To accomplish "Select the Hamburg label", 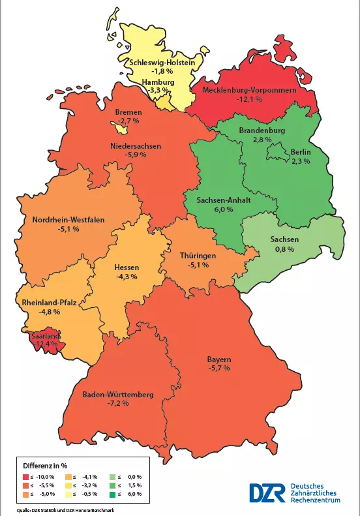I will [158, 83].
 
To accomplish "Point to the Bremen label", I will [128, 112].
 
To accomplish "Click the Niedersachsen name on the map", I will [135, 146].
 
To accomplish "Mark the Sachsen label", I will [284, 239].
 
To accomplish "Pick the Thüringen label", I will [198, 256].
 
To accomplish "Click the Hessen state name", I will [127, 267].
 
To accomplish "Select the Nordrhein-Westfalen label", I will [68, 220].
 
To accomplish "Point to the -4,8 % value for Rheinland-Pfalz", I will [49, 312].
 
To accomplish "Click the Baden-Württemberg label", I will [118, 395].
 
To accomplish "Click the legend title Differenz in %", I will [46, 466].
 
